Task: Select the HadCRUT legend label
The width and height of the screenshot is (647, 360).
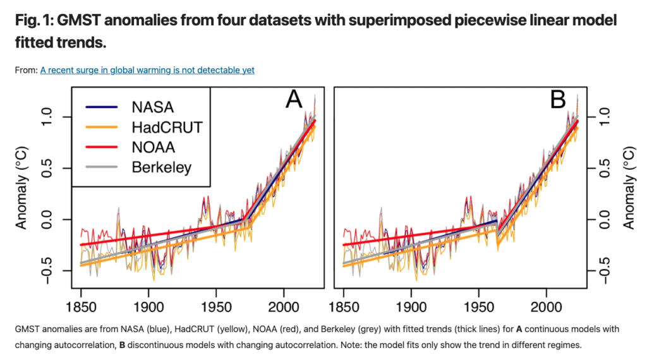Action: coord(167,127)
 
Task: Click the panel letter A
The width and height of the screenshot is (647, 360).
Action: coord(295,99)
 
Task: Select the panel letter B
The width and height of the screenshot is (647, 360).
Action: coord(558,99)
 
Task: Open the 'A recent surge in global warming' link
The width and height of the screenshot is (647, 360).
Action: coord(147,70)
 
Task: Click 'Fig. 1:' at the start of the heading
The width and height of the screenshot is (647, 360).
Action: coord(35,21)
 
